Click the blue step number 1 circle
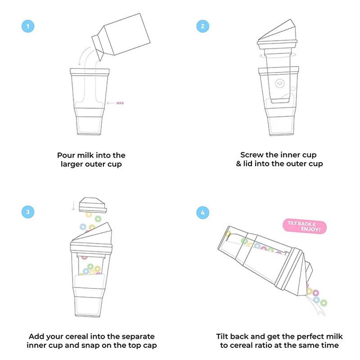(28, 26)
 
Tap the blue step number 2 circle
(202, 26)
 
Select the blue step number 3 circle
(28, 211)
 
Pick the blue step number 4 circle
(202, 211)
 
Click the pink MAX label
(120, 103)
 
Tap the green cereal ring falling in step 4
(324, 302)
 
